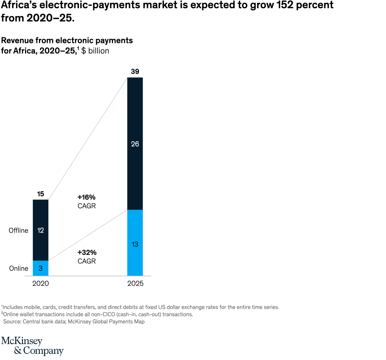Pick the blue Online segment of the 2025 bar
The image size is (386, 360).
pyautogui.click(x=135, y=229)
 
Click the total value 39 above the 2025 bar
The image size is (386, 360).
pyautogui.click(x=135, y=71)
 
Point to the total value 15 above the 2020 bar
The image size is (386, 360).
pyautogui.click(x=40, y=194)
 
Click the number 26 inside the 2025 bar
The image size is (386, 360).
pyautogui.click(x=135, y=144)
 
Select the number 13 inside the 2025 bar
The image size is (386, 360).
pyautogui.click(x=135, y=245)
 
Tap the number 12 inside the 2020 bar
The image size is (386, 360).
pyautogui.click(x=40, y=231)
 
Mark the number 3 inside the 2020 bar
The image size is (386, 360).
pyautogui.click(x=40, y=268)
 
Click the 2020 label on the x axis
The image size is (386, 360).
pyautogui.click(x=40, y=283)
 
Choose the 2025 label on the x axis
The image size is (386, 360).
pyautogui.click(x=135, y=283)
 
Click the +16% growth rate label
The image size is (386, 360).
pyautogui.click(x=86, y=197)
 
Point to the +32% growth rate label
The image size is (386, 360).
pyautogui.click(x=86, y=252)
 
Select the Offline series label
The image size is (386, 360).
pyautogui.click(x=19, y=231)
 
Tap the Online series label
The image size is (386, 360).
pyautogui.click(x=19, y=268)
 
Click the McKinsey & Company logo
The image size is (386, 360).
pyautogui.click(x=32, y=346)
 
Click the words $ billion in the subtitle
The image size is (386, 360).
pyautogui.click(x=95, y=51)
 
